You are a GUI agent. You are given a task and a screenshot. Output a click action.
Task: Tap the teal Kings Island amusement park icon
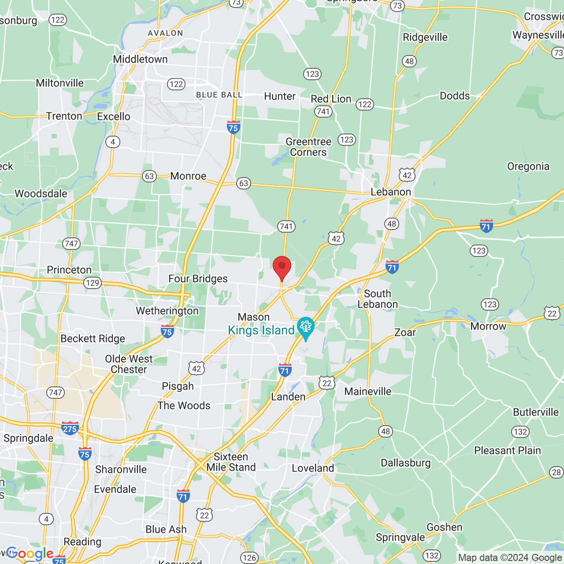click(305, 327)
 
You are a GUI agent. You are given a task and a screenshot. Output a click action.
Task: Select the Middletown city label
click(140, 59)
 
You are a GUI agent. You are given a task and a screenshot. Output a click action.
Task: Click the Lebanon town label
click(391, 192)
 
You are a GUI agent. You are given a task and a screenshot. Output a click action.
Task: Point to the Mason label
click(253, 317)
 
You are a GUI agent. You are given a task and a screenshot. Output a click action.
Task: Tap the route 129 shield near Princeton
click(93, 282)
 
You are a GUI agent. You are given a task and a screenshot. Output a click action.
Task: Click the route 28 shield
click(557, 472)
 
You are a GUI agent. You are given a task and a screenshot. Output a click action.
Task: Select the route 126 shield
click(249, 557)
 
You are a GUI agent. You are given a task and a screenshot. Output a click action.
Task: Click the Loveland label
click(313, 468)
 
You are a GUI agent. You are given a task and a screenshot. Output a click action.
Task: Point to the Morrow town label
click(488, 326)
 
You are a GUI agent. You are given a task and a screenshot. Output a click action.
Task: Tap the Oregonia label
click(528, 166)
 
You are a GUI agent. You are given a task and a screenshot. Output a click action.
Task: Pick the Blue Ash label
click(166, 529)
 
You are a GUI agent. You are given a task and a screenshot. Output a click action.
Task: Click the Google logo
click(30, 554)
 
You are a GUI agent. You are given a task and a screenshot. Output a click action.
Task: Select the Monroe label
click(188, 176)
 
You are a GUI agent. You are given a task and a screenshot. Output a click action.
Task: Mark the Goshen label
click(444, 527)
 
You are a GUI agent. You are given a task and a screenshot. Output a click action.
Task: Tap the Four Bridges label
click(198, 278)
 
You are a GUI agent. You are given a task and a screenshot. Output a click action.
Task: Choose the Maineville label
click(367, 391)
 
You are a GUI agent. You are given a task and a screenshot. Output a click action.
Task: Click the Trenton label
click(64, 116)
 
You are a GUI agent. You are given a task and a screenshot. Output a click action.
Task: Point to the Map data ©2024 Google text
click(510, 557)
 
